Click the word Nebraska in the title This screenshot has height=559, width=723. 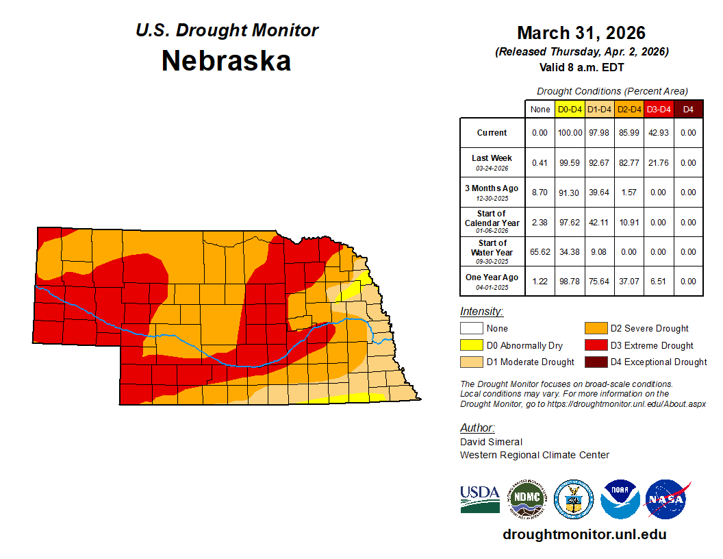(x=227, y=61)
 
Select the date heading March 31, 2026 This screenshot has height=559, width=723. (x=581, y=33)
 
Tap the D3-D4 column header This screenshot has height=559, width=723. (x=659, y=109)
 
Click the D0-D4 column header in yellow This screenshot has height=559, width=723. (x=570, y=109)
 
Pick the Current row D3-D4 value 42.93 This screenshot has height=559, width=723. (x=659, y=133)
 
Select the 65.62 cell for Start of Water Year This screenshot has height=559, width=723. (x=540, y=252)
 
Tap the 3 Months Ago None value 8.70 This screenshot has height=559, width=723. (x=540, y=192)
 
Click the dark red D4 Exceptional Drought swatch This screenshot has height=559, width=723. (x=594, y=362)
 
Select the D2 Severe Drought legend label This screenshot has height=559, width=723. (x=649, y=329)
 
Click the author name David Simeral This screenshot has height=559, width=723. (x=491, y=442)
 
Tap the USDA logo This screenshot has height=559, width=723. (x=479, y=499)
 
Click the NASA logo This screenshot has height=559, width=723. (x=667, y=499)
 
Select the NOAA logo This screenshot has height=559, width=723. (x=620, y=499)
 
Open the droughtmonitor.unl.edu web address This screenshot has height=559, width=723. (x=584, y=534)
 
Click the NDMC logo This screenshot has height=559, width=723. (x=527, y=499)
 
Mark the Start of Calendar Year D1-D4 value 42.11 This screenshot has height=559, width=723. (x=600, y=223)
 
